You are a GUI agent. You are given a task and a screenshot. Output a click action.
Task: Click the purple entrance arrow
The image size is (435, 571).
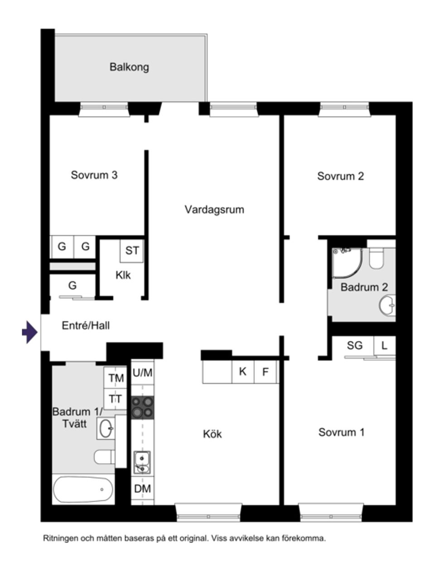point(29,332)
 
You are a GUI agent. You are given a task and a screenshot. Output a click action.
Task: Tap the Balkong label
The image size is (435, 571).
point(129,67)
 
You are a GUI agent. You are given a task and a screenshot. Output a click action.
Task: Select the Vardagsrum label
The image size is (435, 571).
point(214,210)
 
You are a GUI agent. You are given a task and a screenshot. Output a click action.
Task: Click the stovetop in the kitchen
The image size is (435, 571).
point(142,407)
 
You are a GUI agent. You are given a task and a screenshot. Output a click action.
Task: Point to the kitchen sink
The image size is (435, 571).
point(142,462)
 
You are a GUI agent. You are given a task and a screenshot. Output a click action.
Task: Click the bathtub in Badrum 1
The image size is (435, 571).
point(83,489)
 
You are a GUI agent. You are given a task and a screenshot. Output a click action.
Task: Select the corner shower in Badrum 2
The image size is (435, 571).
point(346,262)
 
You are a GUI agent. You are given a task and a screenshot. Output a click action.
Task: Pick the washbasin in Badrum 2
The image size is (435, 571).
point(388,305)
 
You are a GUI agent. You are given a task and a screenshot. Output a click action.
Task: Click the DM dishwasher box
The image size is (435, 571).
point(142,489)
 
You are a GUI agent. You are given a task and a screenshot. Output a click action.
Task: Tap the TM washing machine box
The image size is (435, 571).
point(116,378)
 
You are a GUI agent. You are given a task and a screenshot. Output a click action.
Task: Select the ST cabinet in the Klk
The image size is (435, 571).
point(132,250)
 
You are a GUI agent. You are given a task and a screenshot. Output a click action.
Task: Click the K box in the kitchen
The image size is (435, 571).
point(243,372)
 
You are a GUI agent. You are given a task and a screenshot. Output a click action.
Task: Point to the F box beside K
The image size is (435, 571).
point(266,372)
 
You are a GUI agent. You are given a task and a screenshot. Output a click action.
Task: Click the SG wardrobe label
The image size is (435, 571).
point(355,346)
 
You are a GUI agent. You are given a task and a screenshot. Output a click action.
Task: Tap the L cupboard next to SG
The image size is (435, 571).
point(384,346)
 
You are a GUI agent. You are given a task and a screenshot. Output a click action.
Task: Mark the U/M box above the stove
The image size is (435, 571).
point(142,373)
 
